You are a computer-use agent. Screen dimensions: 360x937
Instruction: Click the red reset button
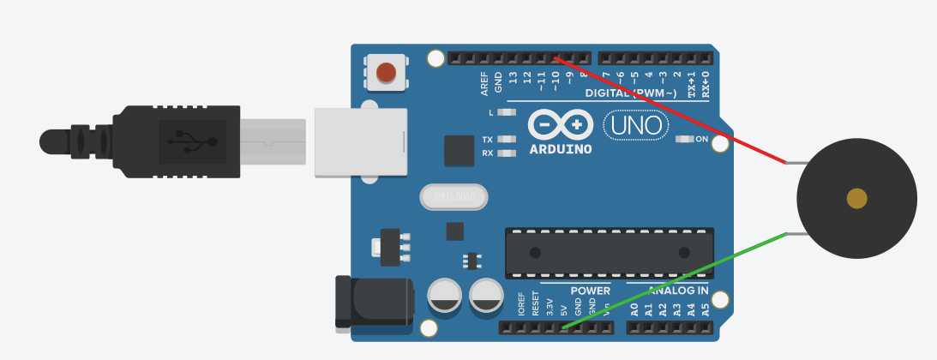click(x=387, y=73)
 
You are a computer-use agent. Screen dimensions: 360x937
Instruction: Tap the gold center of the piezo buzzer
click(x=856, y=198)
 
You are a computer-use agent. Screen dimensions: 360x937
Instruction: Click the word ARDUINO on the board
click(x=561, y=149)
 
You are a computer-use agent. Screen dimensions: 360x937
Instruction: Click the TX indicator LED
click(x=507, y=140)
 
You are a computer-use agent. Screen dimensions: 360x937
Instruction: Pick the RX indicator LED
click(x=507, y=153)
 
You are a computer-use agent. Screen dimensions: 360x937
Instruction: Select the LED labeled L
click(x=507, y=112)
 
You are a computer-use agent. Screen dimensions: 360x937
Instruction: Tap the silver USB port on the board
click(x=360, y=142)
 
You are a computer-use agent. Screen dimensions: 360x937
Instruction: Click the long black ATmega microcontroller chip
click(x=610, y=252)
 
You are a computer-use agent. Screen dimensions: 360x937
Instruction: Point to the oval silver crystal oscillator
click(x=453, y=197)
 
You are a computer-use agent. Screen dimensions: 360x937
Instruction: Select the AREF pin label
click(x=484, y=82)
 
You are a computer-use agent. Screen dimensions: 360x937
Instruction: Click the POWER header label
click(x=591, y=291)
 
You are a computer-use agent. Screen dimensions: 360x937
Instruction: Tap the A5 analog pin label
click(x=706, y=309)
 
